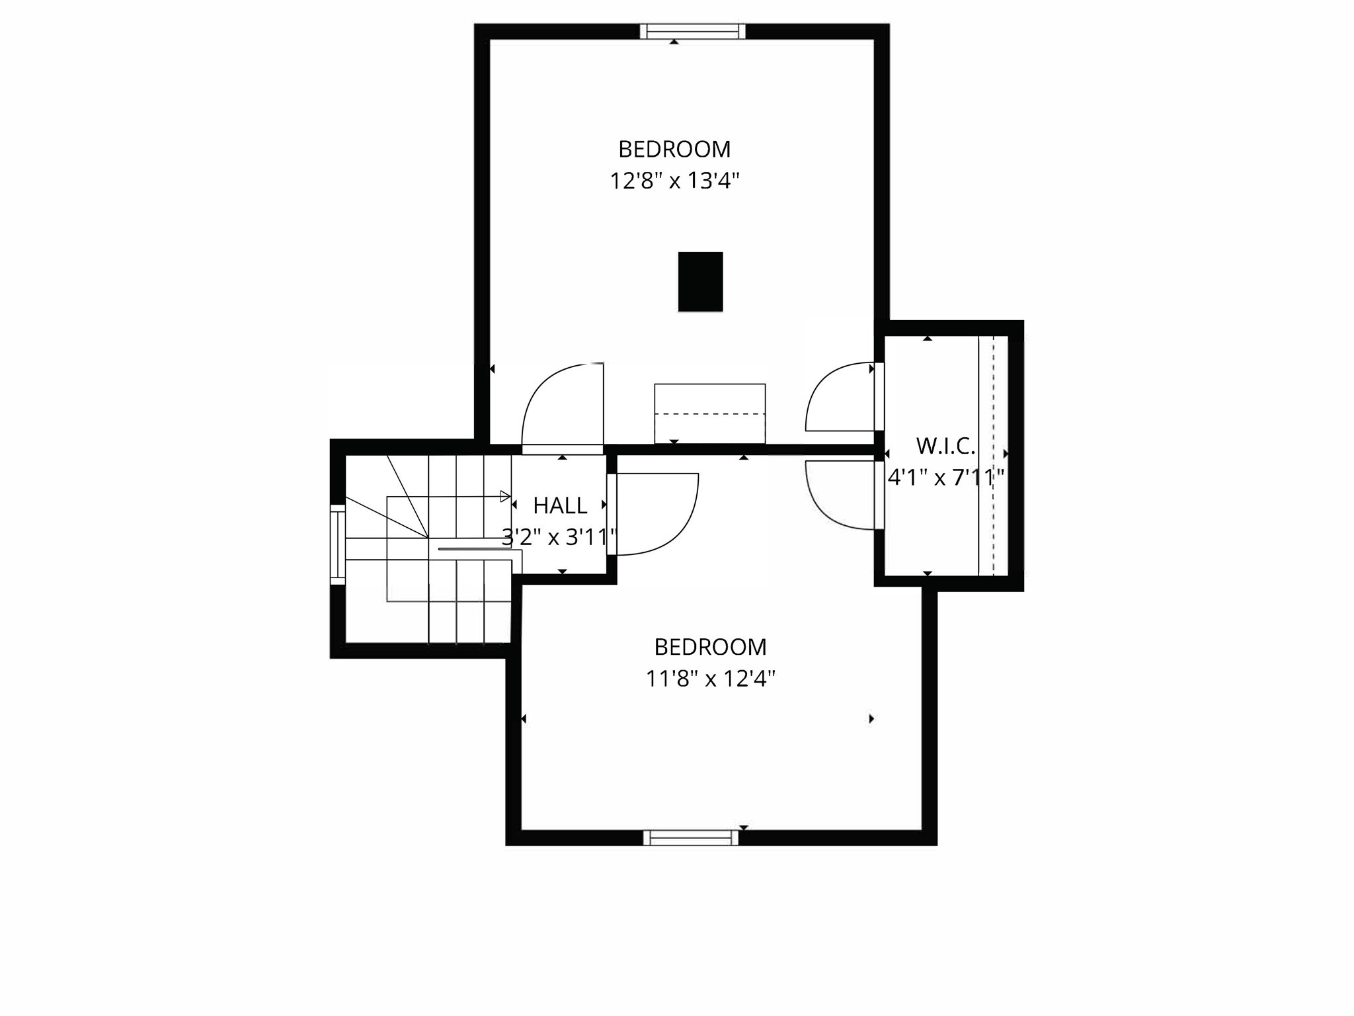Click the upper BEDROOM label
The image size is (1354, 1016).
click(674, 149)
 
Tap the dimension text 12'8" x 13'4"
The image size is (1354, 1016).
click(674, 181)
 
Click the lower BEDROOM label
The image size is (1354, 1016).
click(710, 647)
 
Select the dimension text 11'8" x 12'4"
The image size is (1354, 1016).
click(710, 679)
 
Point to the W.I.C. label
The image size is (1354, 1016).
click(945, 446)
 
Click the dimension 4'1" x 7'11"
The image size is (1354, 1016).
click(945, 477)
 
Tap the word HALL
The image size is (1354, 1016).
click(560, 506)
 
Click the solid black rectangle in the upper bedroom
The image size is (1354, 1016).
click(700, 281)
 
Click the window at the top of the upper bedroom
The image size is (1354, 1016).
click(692, 31)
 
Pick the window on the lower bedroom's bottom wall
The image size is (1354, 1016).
click(691, 837)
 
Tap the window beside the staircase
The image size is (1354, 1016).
click(337, 544)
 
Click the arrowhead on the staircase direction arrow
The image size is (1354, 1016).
click(505, 496)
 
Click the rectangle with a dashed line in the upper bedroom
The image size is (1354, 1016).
click(709, 413)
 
